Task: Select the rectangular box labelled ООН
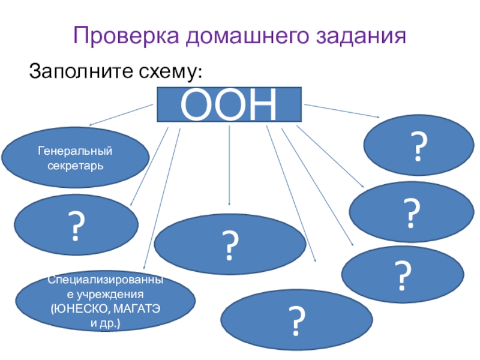pos(229,106)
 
